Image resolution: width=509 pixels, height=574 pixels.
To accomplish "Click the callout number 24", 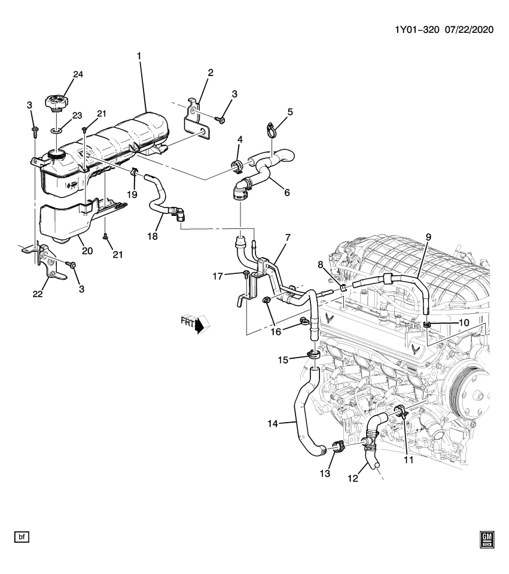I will [78, 75].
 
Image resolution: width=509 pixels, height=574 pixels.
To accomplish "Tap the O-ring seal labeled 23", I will [56, 129].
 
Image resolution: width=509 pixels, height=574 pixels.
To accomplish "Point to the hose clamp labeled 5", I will [270, 128].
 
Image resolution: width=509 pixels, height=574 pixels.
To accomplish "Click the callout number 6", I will [286, 193].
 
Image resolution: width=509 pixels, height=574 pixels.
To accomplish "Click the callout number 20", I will [87, 251].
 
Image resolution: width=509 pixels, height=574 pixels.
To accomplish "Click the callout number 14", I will [272, 424].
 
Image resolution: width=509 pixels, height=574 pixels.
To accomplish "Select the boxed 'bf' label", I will [22, 538].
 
